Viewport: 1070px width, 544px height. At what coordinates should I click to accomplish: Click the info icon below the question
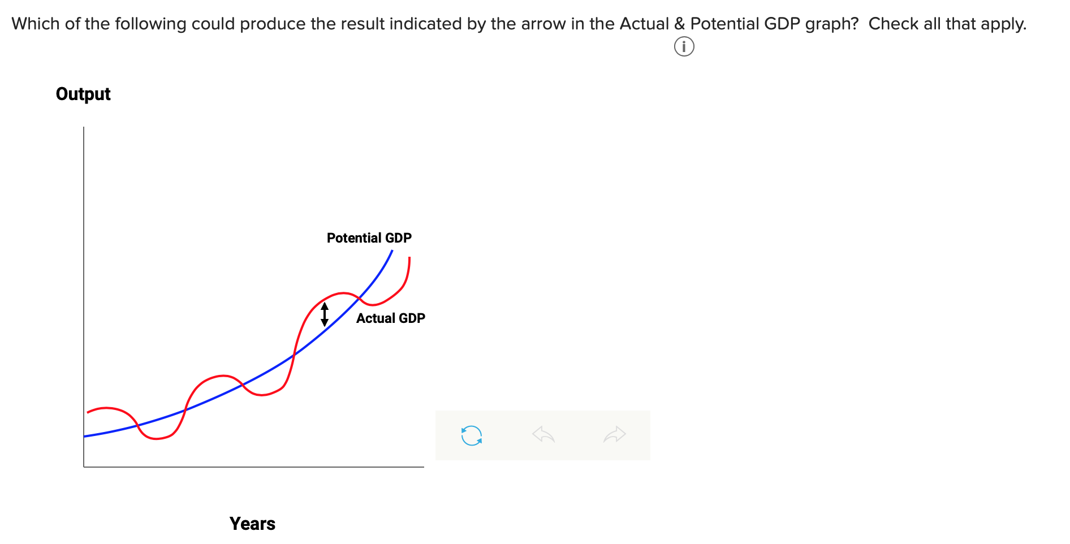(x=684, y=46)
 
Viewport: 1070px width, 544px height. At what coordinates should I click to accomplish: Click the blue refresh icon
(x=472, y=435)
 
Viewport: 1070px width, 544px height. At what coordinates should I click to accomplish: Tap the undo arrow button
(x=543, y=435)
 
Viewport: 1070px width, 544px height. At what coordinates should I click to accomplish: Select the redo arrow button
(x=615, y=435)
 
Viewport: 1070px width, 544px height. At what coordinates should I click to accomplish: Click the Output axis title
(x=83, y=94)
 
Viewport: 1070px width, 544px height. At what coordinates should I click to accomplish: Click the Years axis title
(x=252, y=524)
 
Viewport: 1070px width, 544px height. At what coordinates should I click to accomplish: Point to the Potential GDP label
(x=369, y=238)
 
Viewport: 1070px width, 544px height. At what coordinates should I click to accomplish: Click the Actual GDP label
(x=390, y=318)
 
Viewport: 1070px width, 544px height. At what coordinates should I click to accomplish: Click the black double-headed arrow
(x=325, y=314)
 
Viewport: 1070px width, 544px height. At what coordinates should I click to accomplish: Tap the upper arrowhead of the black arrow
(x=325, y=306)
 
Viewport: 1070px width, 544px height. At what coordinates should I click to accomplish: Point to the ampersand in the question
(x=679, y=24)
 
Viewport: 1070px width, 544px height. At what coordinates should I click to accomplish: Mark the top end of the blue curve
(x=392, y=251)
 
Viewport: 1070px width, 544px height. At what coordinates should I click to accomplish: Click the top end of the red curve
(x=409, y=258)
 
